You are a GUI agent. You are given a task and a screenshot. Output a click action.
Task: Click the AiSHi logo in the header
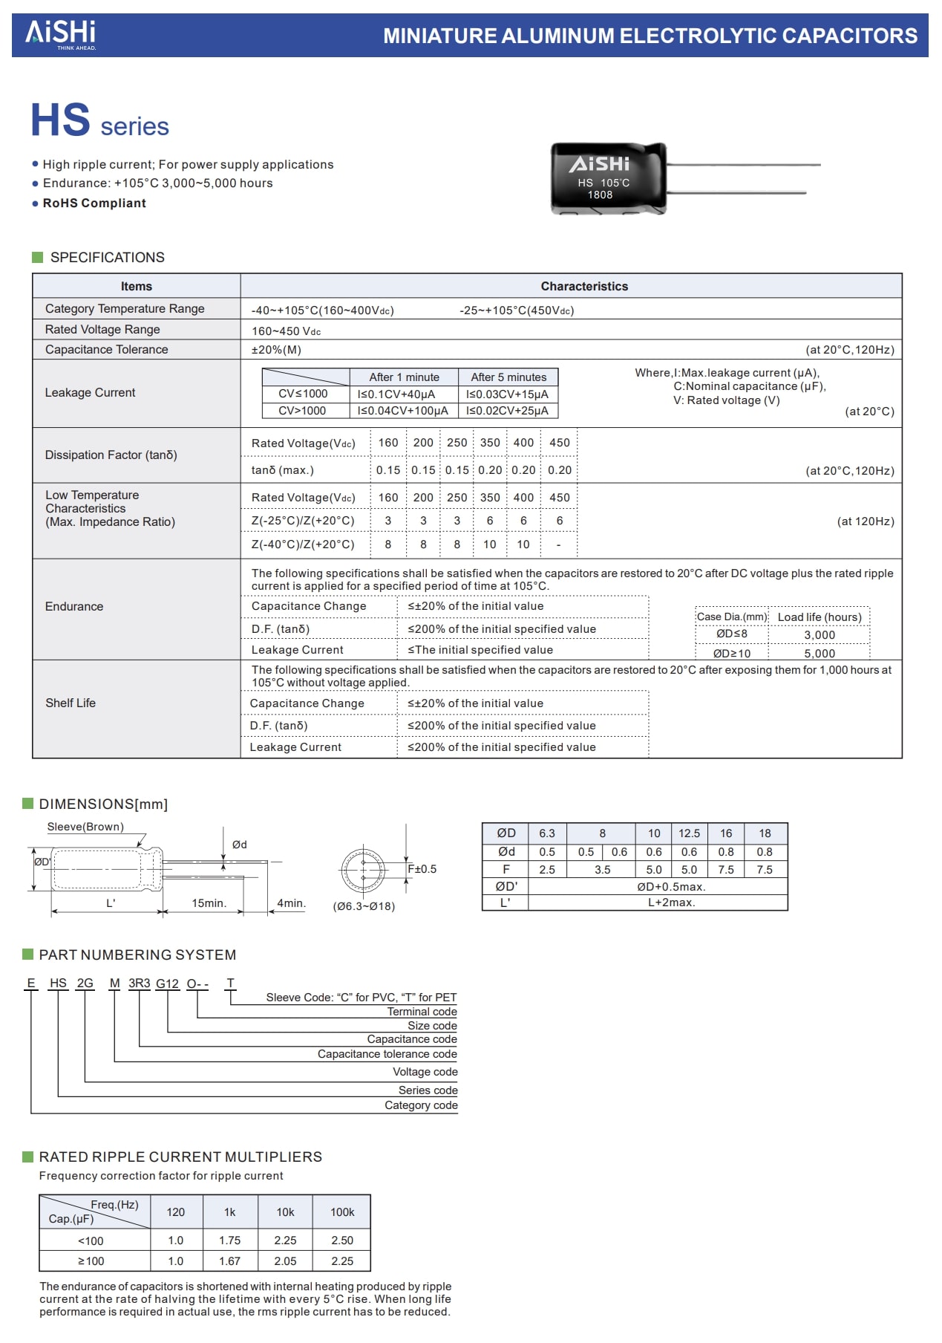(x=61, y=33)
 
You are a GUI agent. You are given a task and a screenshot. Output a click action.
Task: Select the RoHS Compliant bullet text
(x=94, y=204)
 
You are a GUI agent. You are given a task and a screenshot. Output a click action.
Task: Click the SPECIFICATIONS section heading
(x=107, y=258)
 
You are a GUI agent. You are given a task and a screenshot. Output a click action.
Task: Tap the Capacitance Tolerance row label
(x=106, y=350)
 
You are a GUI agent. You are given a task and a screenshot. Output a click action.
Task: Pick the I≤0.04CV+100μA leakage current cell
(x=403, y=411)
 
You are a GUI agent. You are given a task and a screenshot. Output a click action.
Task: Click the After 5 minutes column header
(x=508, y=377)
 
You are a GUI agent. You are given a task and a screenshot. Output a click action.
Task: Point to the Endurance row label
(x=74, y=607)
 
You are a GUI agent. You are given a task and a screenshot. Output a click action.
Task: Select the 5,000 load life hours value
(x=820, y=654)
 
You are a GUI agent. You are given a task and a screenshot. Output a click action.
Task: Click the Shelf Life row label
(x=71, y=703)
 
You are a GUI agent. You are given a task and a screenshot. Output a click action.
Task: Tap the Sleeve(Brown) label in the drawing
(x=85, y=827)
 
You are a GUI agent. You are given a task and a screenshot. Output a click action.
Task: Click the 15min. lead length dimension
(x=209, y=903)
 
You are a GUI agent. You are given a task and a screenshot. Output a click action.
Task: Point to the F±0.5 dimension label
(x=422, y=869)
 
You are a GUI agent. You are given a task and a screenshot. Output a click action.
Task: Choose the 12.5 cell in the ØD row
(x=689, y=833)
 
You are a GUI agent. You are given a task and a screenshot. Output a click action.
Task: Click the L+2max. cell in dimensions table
(x=671, y=903)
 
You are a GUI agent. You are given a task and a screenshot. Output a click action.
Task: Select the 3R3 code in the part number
(x=139, y=983)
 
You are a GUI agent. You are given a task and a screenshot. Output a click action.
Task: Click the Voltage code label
(x=425, y=1072)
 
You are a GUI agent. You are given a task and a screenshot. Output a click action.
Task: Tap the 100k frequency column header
(x=342, y=1212)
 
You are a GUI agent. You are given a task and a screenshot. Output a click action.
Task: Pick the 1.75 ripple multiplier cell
(x=230, y=1240)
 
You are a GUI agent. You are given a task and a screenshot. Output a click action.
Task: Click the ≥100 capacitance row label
(x=91, y=1261)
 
